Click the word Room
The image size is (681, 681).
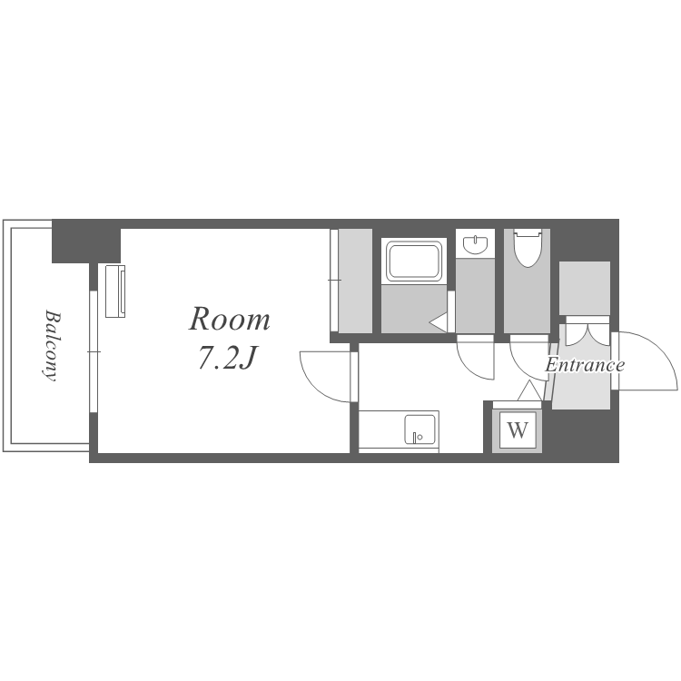coord(230,320)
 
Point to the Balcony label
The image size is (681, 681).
coord(52,345)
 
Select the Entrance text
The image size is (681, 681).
coord(585,365)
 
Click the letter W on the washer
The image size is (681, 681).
coord(518,430)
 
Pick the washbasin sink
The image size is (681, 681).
coord(476,244)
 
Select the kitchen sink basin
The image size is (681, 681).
coord(419,429)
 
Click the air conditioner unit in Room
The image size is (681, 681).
coord(115,291)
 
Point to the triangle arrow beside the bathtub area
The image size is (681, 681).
coord(439,322)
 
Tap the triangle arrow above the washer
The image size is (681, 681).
coord(529,390)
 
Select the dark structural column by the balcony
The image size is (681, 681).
coord(86,242)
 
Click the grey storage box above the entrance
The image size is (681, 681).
coord(585,289)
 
